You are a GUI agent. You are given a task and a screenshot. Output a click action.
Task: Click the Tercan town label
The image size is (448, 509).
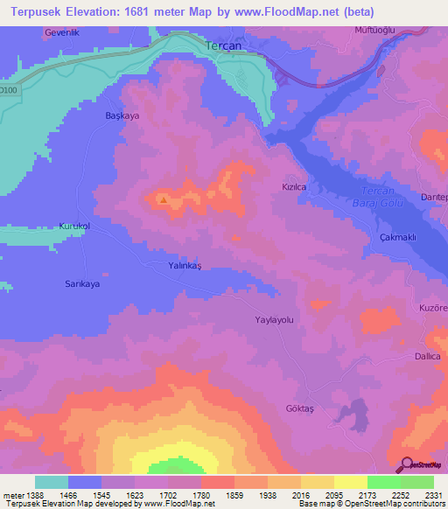coord(222,45)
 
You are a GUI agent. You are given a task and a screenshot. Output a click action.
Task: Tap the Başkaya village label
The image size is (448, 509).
coord(122,115)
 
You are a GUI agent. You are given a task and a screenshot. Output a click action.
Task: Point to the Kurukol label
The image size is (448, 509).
coord(74,226)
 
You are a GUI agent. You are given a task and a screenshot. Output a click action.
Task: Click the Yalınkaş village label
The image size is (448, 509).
coord(185,263)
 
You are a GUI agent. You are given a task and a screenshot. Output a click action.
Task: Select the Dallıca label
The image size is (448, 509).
coord(427,357)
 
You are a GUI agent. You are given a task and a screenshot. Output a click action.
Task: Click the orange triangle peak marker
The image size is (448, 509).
coord(164,199)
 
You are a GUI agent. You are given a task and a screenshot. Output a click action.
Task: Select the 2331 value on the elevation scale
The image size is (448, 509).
coord(431,496)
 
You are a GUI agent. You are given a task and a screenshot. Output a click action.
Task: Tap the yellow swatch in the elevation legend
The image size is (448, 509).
coord(350,482)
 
